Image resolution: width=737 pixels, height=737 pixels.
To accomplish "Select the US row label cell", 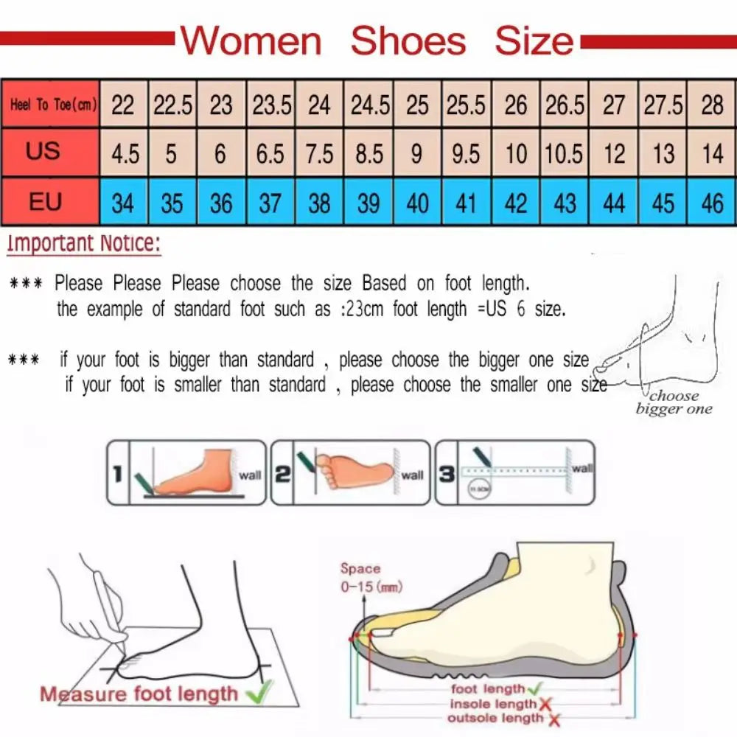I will [x=43, y=152].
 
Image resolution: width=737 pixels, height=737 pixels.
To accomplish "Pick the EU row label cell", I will [x=45, y=201].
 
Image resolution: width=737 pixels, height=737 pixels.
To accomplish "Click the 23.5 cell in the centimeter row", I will [x=271, y=105].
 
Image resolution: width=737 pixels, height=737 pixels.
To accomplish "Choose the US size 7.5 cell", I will [x=319, y=154].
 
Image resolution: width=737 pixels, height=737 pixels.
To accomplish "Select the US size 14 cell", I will [x=712, y=154].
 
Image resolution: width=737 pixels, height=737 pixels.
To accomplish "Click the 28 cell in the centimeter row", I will [x=712, y=105].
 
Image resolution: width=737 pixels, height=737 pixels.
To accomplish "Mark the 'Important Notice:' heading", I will [x=83, y=244].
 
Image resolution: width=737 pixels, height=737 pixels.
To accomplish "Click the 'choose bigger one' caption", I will [x=674, y=402].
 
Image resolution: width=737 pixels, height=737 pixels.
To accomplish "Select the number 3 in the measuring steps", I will [x=447, y=475].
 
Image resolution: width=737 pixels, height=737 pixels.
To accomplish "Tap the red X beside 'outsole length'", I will [x=554, y=719].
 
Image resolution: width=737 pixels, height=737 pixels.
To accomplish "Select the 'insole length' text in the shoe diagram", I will [x=493, y=705].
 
